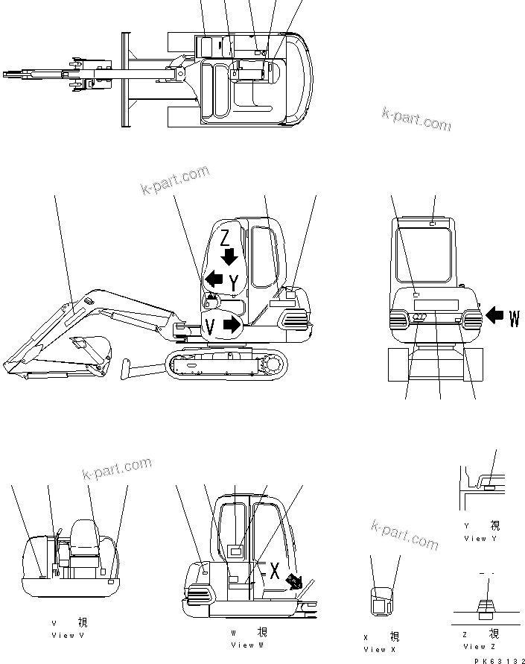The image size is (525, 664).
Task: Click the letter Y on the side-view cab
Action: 235,282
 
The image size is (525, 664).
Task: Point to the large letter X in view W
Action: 274,572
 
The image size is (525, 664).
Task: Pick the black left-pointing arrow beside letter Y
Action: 214,279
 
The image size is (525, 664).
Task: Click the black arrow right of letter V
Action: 232,325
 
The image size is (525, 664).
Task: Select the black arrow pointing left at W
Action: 493,317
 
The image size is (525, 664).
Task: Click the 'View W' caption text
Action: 246,645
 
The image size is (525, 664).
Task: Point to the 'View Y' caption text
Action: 480,538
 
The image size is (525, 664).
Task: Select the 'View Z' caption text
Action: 480,646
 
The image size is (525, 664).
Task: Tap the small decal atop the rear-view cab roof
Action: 433,221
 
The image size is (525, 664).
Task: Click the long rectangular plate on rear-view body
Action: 436,305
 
